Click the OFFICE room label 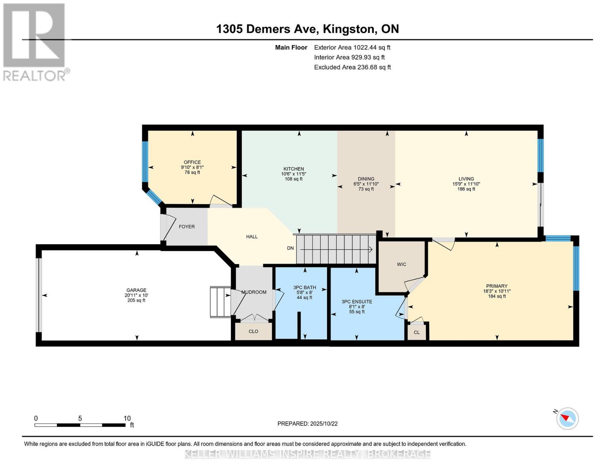point(192,162)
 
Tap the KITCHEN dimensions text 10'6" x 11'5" point(293,174)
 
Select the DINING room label point(366,179)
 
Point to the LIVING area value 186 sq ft point(466,189)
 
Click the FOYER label point(187,226)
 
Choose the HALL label point(252,236)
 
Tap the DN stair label point(290,248)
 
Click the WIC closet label point(401,264)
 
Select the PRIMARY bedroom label point(497,286)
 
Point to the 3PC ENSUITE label point(356,302)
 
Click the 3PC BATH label point(305,287)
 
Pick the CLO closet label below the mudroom point(253,331)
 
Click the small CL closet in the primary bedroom point(417,332)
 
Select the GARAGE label point(136,290)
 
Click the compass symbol point(567,418)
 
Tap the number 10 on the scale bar point(127,418)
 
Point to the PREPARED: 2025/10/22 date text point(307,424)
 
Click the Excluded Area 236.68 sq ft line point(352,67)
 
